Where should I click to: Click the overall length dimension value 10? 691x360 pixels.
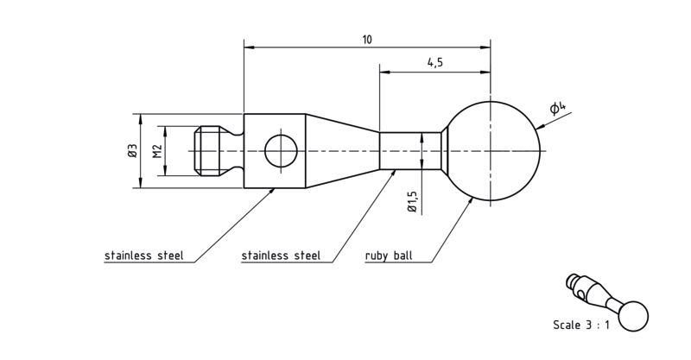367,40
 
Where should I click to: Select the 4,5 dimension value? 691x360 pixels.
434,62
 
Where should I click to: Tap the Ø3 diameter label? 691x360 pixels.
133,151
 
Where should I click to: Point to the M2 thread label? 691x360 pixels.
158,151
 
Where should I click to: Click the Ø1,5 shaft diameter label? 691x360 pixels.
413,202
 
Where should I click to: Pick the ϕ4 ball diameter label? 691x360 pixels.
556,107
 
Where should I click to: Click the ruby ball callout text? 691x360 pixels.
389,256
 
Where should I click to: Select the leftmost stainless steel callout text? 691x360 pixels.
143,256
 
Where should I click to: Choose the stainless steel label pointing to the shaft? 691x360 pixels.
281,256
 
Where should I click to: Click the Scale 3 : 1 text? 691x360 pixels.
581,325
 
